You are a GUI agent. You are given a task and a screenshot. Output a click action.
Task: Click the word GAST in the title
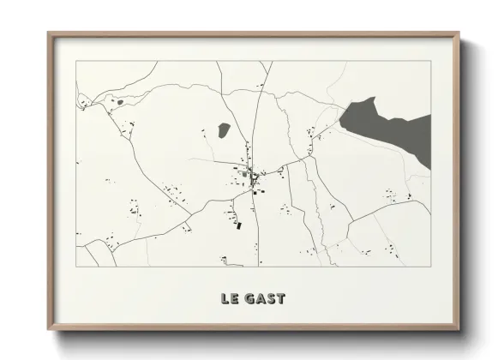(x=265, y=299)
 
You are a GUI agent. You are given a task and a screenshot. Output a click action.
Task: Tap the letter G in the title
(x=249, y=299)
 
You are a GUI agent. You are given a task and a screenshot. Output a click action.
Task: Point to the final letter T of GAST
(x=280, y=299)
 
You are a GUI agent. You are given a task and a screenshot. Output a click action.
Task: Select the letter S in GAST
(x=270, y=299)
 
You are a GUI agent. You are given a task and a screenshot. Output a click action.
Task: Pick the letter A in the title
(x=260, y=299)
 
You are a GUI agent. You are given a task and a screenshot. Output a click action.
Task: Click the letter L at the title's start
(x=224, y=299)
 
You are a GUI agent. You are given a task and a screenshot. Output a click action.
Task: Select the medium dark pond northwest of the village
(x=223, y=130)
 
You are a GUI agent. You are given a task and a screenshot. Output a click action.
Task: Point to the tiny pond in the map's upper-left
(x=120, y=103)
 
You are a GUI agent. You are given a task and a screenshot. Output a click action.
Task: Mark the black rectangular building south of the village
(x=239, y=224)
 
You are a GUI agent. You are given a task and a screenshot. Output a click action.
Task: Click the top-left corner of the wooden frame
(x=48, y=33)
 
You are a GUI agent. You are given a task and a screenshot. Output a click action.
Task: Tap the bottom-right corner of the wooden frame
(x=459, y=330)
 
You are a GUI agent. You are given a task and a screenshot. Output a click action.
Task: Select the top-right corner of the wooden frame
(x=459, y=33)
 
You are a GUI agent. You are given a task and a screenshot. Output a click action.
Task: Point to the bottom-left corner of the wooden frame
(x=48, y=330)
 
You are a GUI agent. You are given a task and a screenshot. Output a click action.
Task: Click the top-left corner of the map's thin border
(x=76, y=61)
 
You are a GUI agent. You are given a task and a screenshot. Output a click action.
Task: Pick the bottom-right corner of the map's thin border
(x=431, y=267)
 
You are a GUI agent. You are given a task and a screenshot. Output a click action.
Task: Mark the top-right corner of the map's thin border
(x=431, y=61)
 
